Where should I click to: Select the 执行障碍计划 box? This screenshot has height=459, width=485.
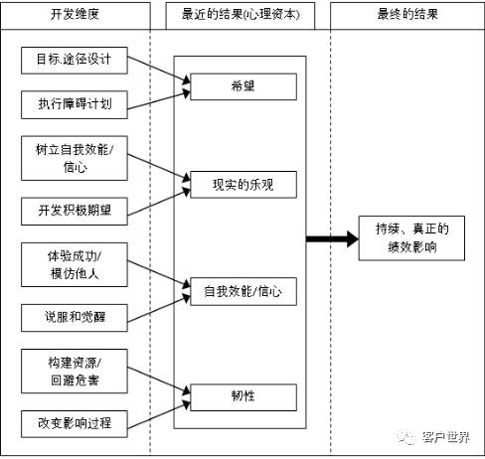[x=75, y=102]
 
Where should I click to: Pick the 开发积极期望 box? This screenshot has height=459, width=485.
[x=75, y=210]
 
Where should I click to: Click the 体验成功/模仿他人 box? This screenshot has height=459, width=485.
[x=75, y=262]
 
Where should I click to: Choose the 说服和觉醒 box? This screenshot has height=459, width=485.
[x=75, y=317]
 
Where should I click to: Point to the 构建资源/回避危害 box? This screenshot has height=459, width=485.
[x=75, y=370]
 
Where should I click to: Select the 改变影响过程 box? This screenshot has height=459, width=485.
[x=75, y=423]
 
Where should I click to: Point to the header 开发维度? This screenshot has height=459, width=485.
[x=75, y=17]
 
